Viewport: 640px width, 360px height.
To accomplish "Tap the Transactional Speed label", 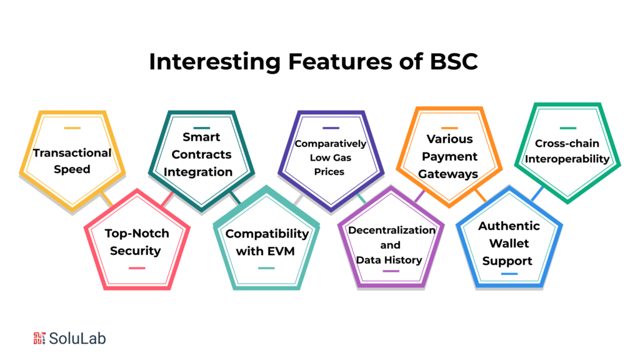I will point(72,161).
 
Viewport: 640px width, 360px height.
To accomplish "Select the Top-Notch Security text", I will point(136,242).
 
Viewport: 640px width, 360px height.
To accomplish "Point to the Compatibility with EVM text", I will point(267,242).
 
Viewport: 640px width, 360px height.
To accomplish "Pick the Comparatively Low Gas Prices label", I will point(330,157).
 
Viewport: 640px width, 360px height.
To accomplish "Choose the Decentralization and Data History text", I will point(391,244).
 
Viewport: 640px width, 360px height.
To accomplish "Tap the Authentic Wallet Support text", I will point(508,243).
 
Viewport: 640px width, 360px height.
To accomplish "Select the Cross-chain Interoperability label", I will point(567,152).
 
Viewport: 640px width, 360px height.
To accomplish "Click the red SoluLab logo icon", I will point(39,338).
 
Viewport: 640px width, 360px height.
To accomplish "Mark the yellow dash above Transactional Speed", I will point(72,129).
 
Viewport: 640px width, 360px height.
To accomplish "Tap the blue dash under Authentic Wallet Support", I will point(509,274).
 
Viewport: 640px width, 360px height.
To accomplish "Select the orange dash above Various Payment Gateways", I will point(449,129).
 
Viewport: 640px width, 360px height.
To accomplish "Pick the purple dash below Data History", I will point(391,271).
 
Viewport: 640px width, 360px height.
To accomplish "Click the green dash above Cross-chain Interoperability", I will point(567,129).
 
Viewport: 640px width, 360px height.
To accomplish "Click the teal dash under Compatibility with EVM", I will point(266,268).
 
